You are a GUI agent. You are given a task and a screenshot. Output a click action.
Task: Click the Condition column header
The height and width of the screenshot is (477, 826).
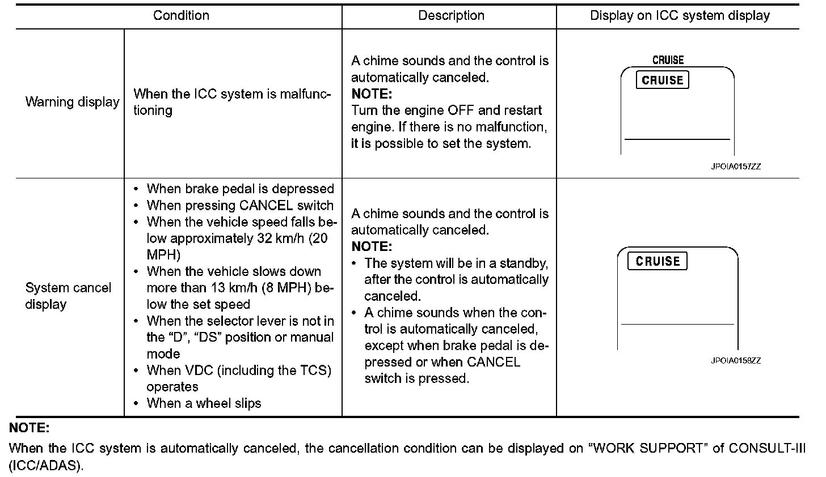[181, 16]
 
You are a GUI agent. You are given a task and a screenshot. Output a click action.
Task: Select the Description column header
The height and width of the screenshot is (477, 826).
[451, 16]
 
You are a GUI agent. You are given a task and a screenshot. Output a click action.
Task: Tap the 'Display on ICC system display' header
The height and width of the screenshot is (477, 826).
[680, 16]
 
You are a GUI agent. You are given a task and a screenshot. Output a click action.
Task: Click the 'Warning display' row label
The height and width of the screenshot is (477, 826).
[72, 103]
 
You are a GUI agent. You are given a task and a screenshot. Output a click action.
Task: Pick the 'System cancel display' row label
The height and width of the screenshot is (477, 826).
[68, 296]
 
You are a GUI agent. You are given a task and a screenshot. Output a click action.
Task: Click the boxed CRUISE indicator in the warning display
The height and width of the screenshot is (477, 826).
[662, 80]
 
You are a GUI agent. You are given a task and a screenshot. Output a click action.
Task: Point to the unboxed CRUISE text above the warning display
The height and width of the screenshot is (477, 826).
[668, 60]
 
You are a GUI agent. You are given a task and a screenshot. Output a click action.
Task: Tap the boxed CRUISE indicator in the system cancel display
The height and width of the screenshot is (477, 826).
[658, 261]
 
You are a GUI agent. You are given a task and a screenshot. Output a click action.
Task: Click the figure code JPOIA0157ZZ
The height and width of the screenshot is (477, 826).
[736, 167]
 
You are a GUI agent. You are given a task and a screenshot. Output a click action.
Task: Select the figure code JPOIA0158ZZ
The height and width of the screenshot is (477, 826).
[736, 360]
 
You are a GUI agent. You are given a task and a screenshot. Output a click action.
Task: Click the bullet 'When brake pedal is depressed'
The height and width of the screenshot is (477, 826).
[240, 189]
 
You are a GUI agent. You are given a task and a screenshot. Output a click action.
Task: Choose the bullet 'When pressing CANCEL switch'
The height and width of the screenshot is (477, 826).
[240, 205]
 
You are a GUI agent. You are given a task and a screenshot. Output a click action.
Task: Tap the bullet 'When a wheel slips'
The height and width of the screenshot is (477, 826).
[204, 403]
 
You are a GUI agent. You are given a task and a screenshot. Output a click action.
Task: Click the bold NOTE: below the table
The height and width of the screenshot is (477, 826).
[29, 428]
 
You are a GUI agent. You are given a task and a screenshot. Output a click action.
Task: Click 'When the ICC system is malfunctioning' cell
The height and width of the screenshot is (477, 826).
[233, 102]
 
